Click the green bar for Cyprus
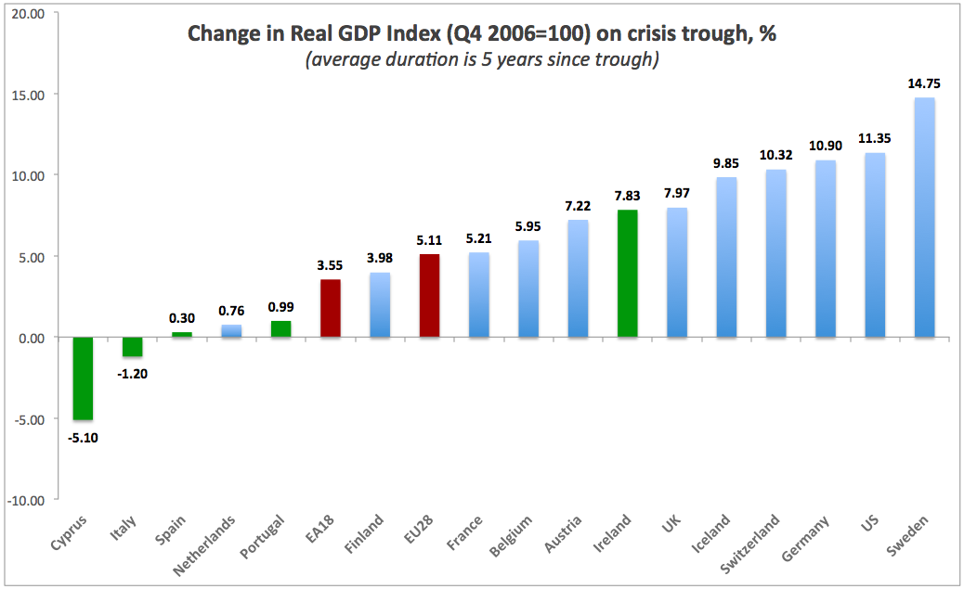click(x=84, y=378)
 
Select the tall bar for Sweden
click(x=925, y=217)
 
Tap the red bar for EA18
click(x=331, y=308)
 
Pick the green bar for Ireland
click(x=628, y=274)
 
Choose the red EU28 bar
click(x=430, y=296)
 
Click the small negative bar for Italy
click(x=133, y=347)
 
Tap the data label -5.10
click(x=84, y=437)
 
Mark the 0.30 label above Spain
click(x=182, y=318)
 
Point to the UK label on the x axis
click(x=671, y=527)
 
